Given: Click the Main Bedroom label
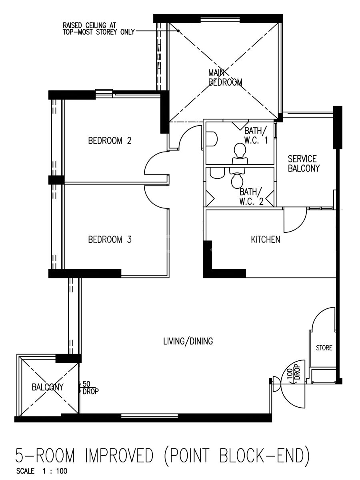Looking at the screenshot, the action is pyautogui.click(x=225, y=78).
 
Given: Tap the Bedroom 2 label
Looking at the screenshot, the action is pyautogui.click(x=110, y=140).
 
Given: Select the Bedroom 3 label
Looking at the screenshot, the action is pyautogui.click(x=110, y=240).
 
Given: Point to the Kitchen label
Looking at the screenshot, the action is pyautogui.click(x=265, y=240).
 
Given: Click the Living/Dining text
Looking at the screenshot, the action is pyautogui.click(x=188, y=341).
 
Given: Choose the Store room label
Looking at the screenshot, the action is pyautogui.click(x=324, y=348).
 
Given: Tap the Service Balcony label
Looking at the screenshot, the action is pyautogui.click(x=304, y=163).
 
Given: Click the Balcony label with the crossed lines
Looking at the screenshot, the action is pyautogui.click(x=48, y=387).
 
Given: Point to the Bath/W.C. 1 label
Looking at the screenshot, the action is pyautogui.click(x=256, y=135).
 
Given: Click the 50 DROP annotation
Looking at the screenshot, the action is pyautogui.click(x=90, y=388).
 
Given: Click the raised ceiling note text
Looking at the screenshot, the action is pyautogui.click(x=98, y=29).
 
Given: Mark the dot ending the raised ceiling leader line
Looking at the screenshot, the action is pyautogui.click(x=178, y=31).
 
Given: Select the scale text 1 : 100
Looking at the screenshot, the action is pyautogui.click(x=55, y=471).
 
